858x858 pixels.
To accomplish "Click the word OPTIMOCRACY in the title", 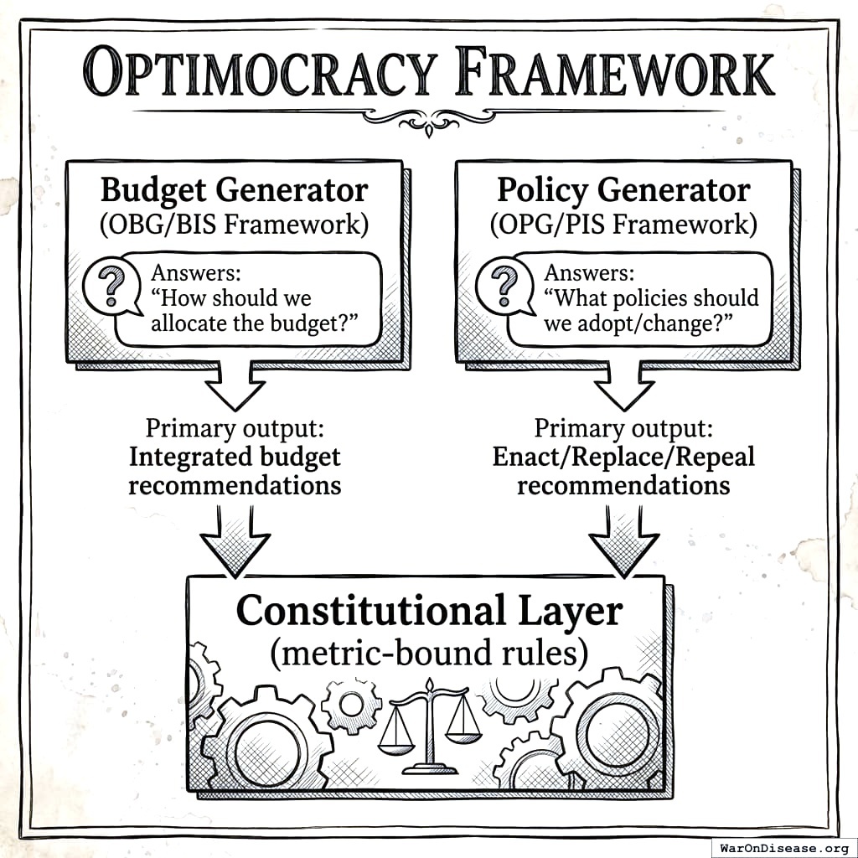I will pyautogui.click(x=260, y=74).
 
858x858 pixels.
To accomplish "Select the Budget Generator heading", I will pyautogui.click(x=234, y=190).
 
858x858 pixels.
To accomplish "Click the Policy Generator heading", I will pyautogui.click(x=623, y=190).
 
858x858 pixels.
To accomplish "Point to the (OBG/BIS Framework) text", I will pyautogui.click(x=234, y=225).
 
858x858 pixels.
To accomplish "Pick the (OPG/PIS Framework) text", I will pyautogui.click(x=623, y=225).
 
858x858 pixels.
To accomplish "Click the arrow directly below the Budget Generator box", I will pyautogui.click(x=235, y=386).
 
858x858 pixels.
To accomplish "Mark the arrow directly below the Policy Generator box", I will pyautogui.click(x=623, y=386).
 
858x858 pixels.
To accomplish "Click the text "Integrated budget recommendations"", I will pyautogui.click(x=235, y=471).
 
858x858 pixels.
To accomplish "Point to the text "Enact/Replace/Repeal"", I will pyautogui.click(x=623, y=457).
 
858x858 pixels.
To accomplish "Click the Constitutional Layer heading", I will pyautogui.click(x=429, y=611).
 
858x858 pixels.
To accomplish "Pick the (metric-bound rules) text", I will pyautogui.click(x=429, y=653).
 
